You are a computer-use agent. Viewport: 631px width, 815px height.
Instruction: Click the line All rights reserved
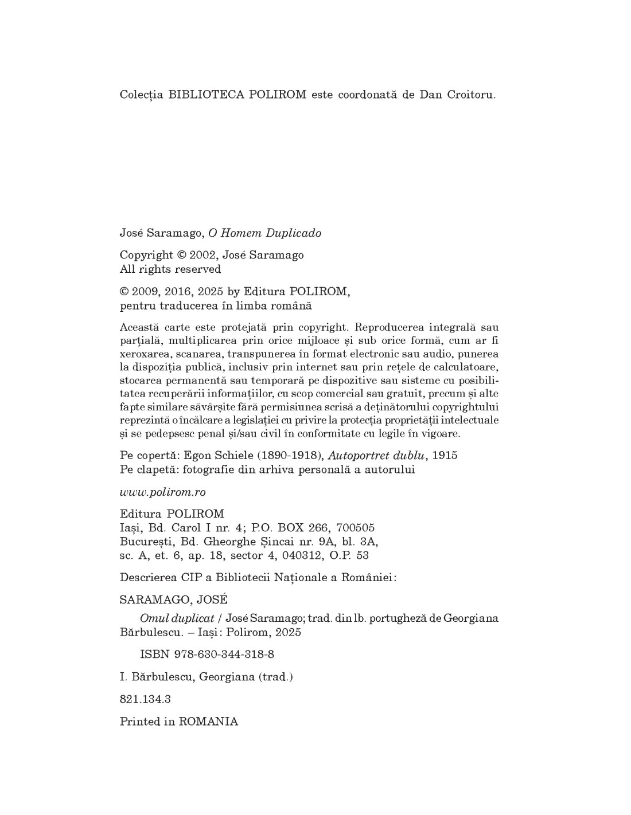170,269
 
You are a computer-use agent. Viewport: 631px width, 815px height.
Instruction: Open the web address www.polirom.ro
162,492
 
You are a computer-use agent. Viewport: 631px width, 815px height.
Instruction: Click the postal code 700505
356,527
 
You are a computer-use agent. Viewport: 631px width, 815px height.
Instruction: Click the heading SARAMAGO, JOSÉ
173,600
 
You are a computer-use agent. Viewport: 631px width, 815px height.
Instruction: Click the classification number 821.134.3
145,699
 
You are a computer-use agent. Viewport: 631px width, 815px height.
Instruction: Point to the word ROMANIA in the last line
208,722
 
